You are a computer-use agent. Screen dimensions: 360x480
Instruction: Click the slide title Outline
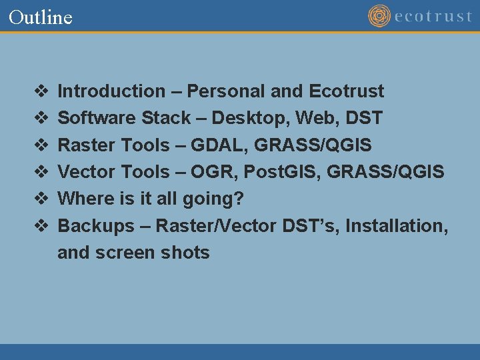pos(41,17)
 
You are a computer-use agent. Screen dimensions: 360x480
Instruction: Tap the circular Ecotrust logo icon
pos(379,16)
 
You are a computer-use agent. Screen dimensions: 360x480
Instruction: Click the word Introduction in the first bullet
pos(111,91)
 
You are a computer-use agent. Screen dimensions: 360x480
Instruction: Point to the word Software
pos(97,118)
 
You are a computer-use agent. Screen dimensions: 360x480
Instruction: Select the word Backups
pos(96,226)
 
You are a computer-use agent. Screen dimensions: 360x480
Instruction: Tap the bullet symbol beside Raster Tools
pos(39,145)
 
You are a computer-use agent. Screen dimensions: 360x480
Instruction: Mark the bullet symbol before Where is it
pos(39,199)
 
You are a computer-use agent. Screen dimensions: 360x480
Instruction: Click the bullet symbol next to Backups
pos(39,226)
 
